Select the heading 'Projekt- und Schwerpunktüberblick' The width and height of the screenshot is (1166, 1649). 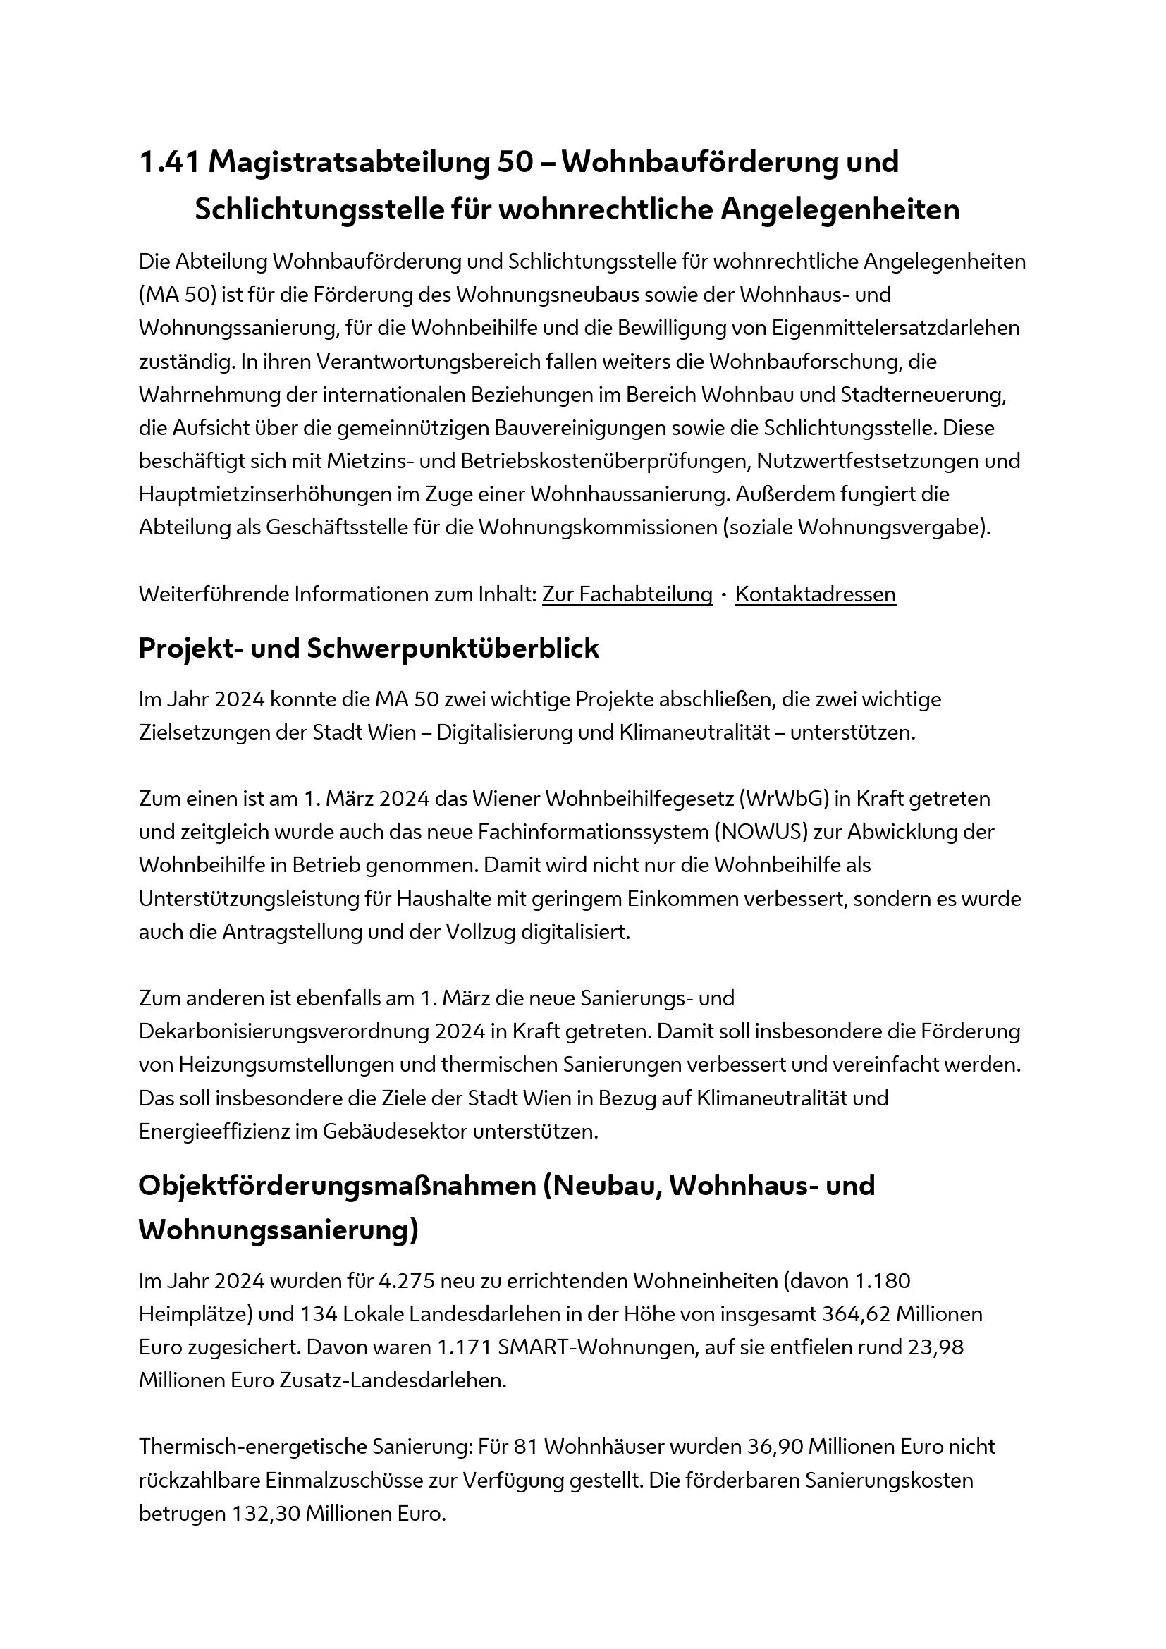(x=368, y=649)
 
